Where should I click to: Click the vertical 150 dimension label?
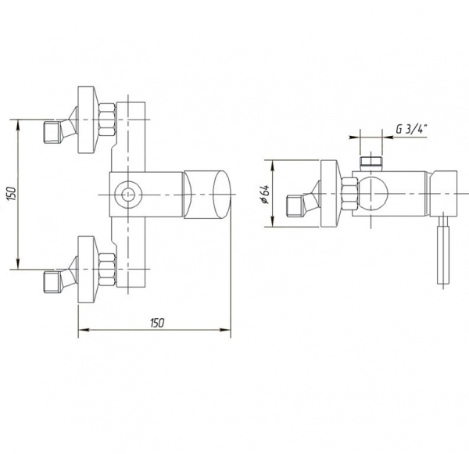(11, 195)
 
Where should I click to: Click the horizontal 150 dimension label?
(157, 323)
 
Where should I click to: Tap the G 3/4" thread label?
(411, 129)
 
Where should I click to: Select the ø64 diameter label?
(266, 194)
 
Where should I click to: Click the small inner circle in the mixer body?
(128, 195)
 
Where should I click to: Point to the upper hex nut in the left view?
(107, 120)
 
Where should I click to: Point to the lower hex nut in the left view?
(107, 270)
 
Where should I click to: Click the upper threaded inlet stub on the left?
(52, 132)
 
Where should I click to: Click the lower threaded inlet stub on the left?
(52, 282)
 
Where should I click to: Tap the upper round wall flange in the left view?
(87, 120)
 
